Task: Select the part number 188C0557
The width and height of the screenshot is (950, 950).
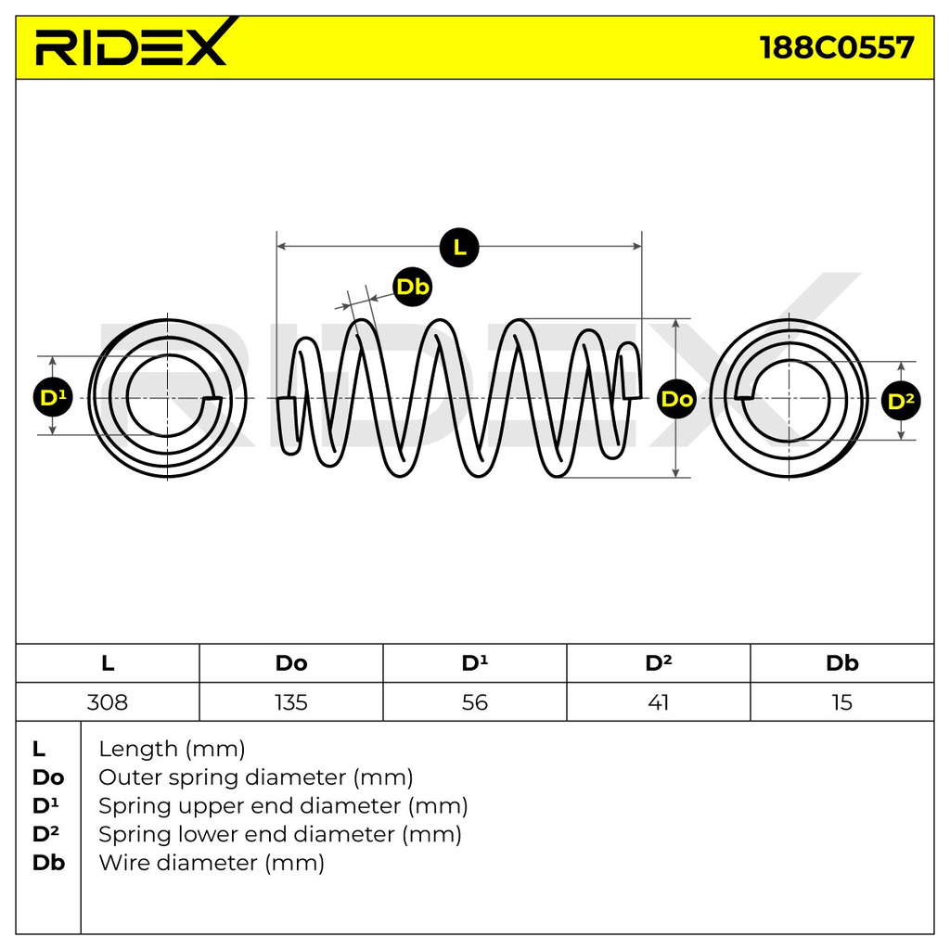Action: tap(837, 47)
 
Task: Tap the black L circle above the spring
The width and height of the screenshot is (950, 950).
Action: tap(459, 247)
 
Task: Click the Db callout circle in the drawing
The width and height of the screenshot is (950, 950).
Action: tap(413, 286)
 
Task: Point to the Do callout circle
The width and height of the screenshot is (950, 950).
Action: tap(676, 399)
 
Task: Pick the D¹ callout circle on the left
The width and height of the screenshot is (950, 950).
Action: tap(53, 397)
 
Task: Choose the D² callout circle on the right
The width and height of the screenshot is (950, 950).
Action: tap(901, 401)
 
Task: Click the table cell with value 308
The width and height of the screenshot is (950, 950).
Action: tap(108, 702)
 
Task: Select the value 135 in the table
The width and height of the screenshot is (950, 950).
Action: tap(290, 702)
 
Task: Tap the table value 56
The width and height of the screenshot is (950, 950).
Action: tap(474, 702)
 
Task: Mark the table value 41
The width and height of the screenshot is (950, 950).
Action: tap(658, 702)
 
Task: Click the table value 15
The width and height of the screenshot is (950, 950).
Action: tap(842, 702)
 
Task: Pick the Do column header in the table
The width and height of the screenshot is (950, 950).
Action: tap(290, 662)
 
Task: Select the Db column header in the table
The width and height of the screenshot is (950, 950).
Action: tap(842, 662)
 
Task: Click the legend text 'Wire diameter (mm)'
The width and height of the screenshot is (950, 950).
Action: tap(212, 863)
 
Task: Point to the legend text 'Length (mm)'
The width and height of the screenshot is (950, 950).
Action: tap(172, 750)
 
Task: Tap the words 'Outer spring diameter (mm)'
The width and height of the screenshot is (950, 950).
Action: tap(256, 777)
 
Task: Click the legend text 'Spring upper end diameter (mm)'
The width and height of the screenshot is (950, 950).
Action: tap(283, 806)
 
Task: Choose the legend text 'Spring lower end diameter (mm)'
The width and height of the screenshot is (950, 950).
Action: tap(280, 834)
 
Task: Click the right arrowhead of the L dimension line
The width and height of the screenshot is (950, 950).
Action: tap(637, 246)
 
